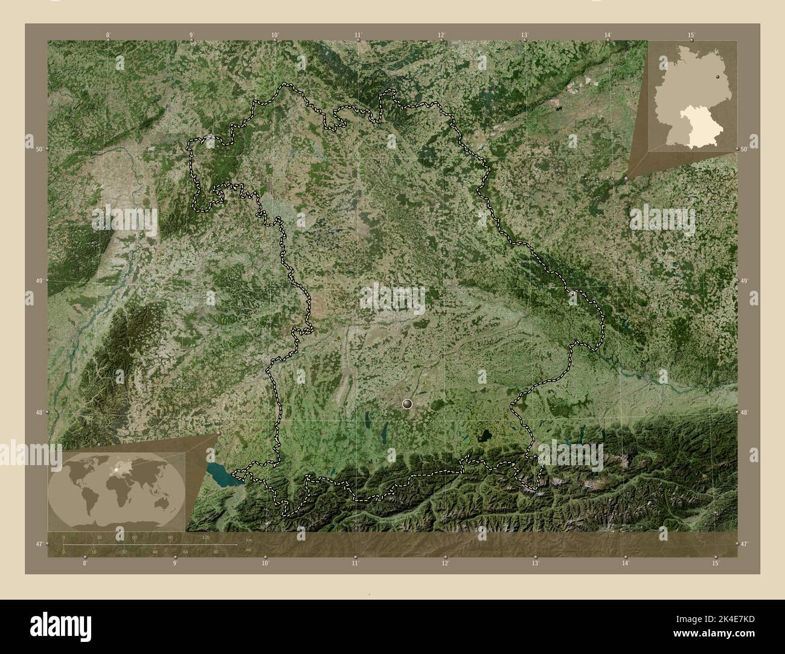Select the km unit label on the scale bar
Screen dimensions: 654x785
tap(248, 538)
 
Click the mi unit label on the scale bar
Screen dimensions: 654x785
tap(248, 549)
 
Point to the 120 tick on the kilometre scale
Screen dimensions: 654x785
tap(206, 537)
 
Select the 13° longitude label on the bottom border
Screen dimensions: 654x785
tap(535, 564)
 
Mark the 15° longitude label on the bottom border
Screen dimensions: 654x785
tap(716, 564)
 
